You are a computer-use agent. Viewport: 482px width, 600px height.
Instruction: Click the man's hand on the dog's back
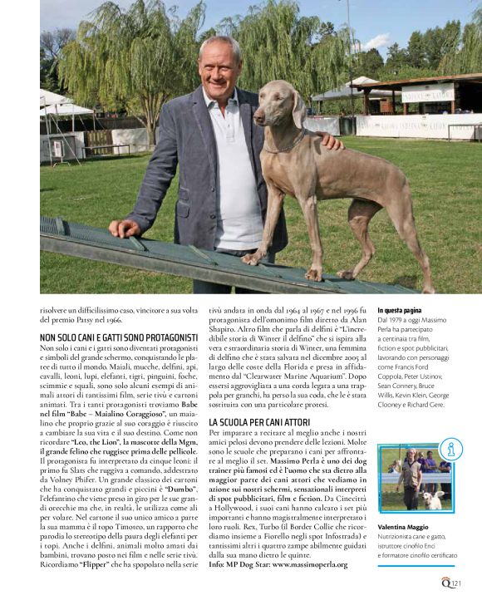tap(329, 140)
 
